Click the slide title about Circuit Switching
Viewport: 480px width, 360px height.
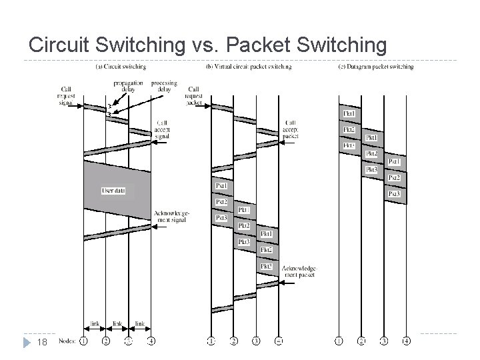pos(207,45)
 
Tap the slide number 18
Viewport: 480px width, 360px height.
pos(41,342)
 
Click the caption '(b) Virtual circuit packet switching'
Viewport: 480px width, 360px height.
pos(249,67)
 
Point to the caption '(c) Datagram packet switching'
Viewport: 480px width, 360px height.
pos(375,67)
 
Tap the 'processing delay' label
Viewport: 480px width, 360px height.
pos(163,86)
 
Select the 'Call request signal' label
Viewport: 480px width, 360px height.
pos(67,97)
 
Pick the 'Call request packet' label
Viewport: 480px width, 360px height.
pos(194,97)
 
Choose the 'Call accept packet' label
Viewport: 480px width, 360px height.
pos(291,129)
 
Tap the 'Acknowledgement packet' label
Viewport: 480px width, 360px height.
pos(299,271)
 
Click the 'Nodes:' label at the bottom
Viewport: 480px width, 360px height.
pos(67,342)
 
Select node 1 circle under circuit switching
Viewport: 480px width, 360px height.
pos(83,342)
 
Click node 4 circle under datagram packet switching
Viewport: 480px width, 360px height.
pos(407,342)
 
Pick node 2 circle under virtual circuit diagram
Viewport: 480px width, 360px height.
pos(233,342)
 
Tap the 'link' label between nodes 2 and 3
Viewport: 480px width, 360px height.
pos(117,324)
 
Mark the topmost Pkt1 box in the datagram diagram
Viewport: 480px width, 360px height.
pos(349,113)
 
